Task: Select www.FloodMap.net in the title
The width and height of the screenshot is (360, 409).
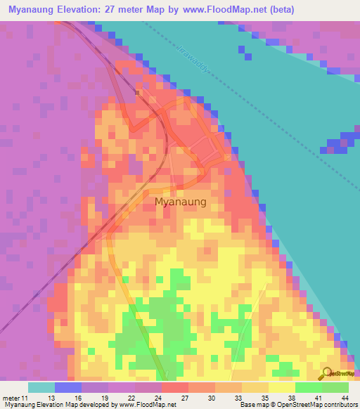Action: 229,10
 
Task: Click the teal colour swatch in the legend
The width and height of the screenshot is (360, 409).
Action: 41,387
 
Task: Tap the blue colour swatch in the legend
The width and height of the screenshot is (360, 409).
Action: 67,387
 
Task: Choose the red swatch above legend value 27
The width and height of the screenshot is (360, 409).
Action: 174,387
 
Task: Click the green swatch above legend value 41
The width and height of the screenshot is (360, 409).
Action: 308,387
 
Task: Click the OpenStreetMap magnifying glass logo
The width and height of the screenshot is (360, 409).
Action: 326,373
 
